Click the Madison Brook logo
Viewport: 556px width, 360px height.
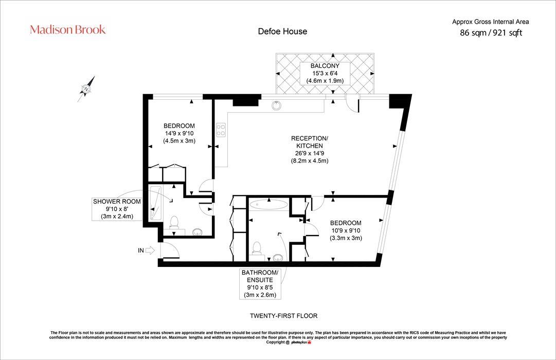tap(68, 29)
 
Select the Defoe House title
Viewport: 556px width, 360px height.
tap(282, 31)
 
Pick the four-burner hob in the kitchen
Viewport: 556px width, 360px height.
tap(221, 130)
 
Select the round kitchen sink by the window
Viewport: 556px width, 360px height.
tap(277, 105)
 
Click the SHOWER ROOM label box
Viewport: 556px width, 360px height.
tap(117, 209)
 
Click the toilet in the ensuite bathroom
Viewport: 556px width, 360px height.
tap(258, 248)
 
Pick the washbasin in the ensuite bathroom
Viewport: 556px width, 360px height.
tap(278, 257)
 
